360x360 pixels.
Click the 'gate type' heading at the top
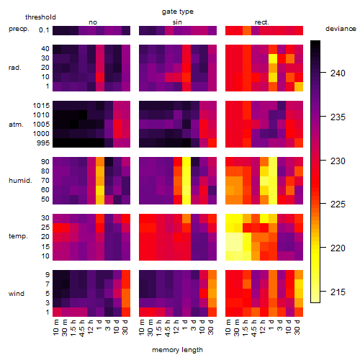(x=178, y=12)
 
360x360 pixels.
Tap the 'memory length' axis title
(x=177, y=350)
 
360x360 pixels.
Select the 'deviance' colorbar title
(x=341, y=29)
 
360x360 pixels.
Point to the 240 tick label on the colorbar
(x=338, y=73)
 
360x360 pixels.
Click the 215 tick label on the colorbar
(x=338, y=292)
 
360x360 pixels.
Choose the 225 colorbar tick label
(x=338, y=204)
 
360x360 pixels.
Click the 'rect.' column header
(x=262, y=22)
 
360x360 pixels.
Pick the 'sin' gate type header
(x=177, y=22)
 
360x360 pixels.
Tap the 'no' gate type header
(x=93, y=22)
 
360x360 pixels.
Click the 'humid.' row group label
(x=20, y=181)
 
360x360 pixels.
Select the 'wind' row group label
(x=17, y=294)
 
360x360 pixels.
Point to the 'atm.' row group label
(x=16, y=125)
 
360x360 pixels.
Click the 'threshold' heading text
(x=40, y=17)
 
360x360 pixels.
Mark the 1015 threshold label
(x=41, y=106)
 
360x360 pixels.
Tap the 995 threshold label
(x=43, y=143)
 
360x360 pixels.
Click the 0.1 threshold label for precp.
(x=44, y=30)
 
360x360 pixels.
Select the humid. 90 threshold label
(x=45, y=162)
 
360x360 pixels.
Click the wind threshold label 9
(x=48, y=274)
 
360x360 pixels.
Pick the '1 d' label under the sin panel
(x=184, y=325)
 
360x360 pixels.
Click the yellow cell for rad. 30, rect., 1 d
(x=273, y=58)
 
